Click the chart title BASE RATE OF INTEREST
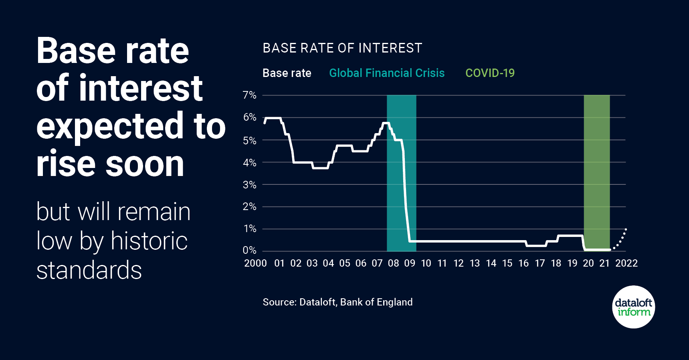(x=342, y=48)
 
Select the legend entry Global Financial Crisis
(x=387, y=73)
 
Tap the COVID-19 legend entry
(x=490, y=73)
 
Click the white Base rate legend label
(x=287, y=73)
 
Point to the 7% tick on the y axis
(x=249, y=95)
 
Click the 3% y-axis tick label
(x=249, y=185)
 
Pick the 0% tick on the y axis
(x=249, y=251)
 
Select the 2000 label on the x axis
(x=255, y=263)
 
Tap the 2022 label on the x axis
(x=626, y=263)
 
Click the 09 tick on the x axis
(x=410, y=263)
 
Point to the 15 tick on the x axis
(x=507, y=263)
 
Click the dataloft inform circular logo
(x=633, y=307)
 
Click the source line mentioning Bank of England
(x=337, y=302)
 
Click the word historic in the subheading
(x=149, y=241)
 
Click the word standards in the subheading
(x=89, y=270)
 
